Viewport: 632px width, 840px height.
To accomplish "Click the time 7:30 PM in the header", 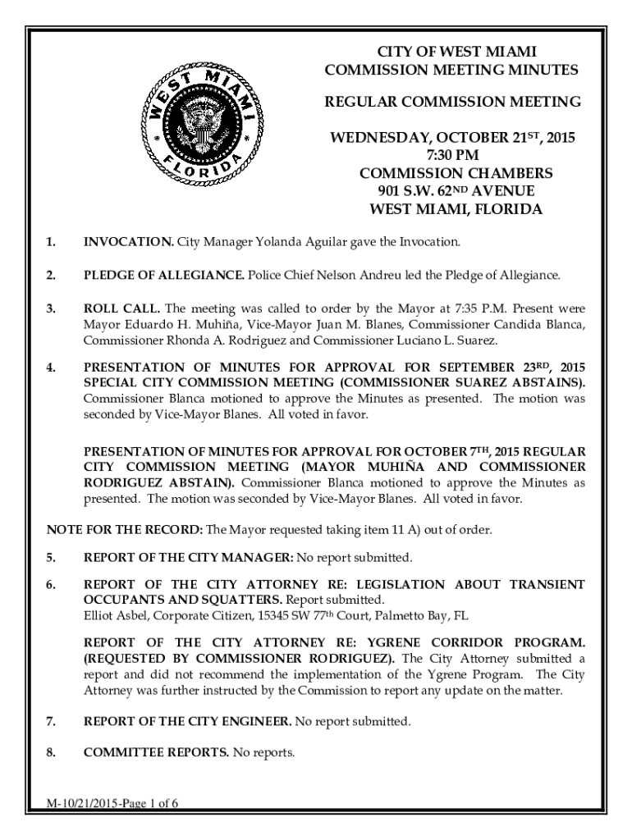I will pos(452,155).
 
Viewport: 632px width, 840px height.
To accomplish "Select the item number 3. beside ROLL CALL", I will pos(51,309).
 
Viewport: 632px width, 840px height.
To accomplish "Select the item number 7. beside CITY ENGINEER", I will pos(51,722).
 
